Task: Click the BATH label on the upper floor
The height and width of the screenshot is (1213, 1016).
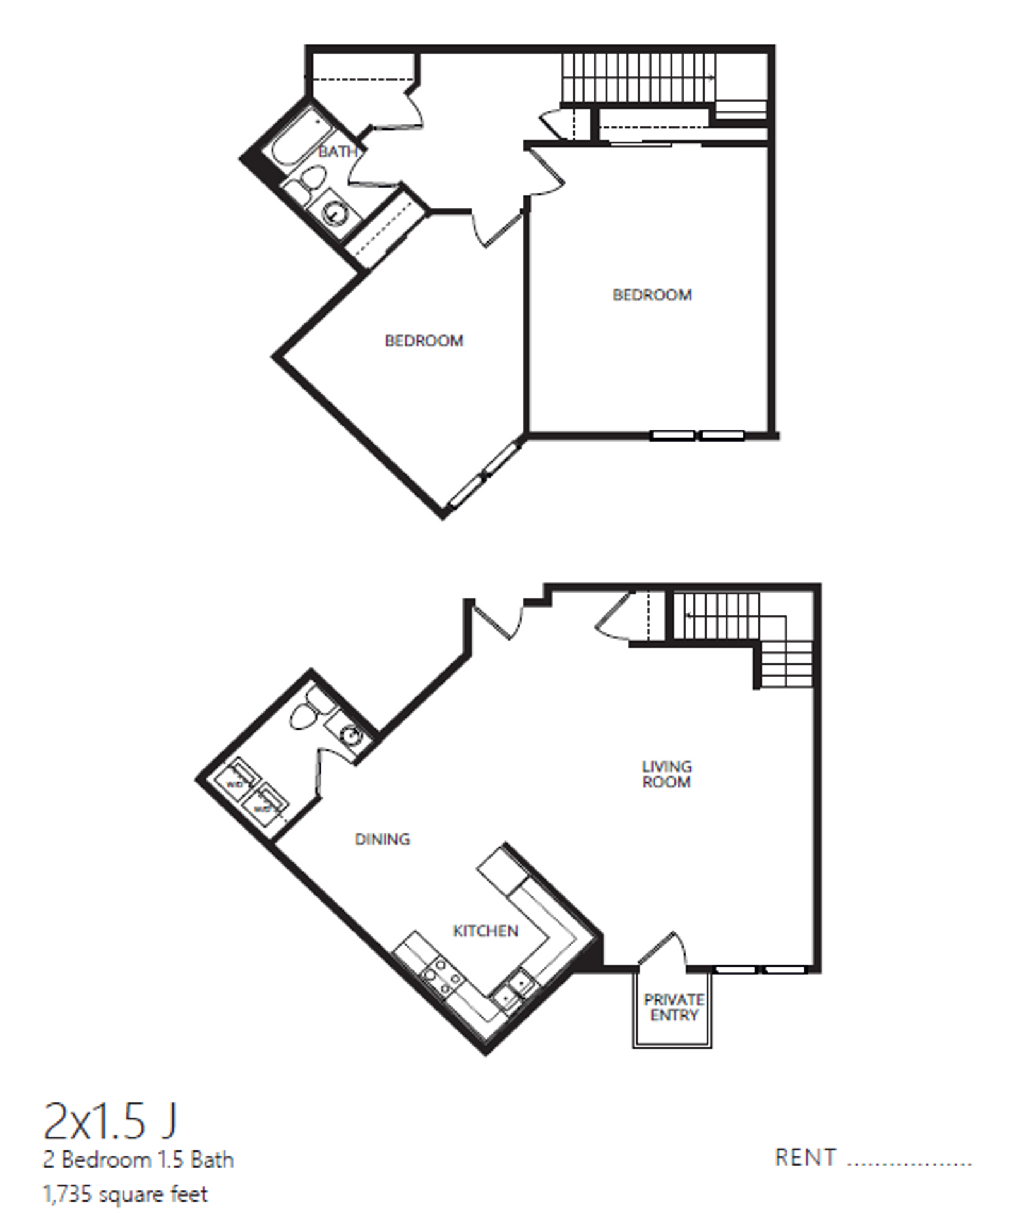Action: click(x=338, y=152)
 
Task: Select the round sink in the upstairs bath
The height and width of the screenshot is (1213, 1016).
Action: click(x=334, y=214)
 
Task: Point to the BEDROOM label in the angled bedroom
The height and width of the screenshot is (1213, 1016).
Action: click(x=424, y=341)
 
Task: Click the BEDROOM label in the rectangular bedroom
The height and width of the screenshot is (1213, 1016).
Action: click(x=652, y=295)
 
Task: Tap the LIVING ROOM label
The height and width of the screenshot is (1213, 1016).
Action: click(x=666, y=774)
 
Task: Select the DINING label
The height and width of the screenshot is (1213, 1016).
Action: click(x=382, y=839)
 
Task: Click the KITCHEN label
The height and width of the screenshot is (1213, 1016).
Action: click(x=486, y=931)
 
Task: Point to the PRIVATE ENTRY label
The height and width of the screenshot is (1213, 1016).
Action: click(x=674, y=1008)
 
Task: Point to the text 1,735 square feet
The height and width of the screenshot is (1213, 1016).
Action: click(x=125, y=1194)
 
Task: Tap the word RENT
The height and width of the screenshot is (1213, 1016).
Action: click(x=805, y=1158)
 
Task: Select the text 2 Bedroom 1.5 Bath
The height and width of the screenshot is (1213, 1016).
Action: click(x=138, y=1160)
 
